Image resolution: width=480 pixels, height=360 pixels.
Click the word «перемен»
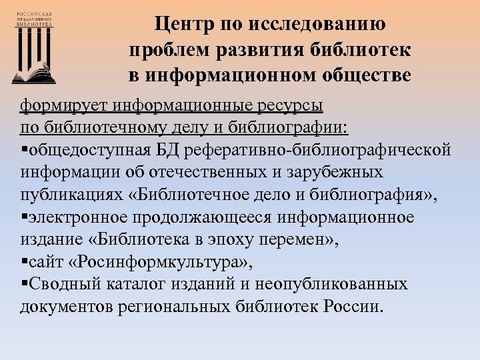(303, 240)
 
